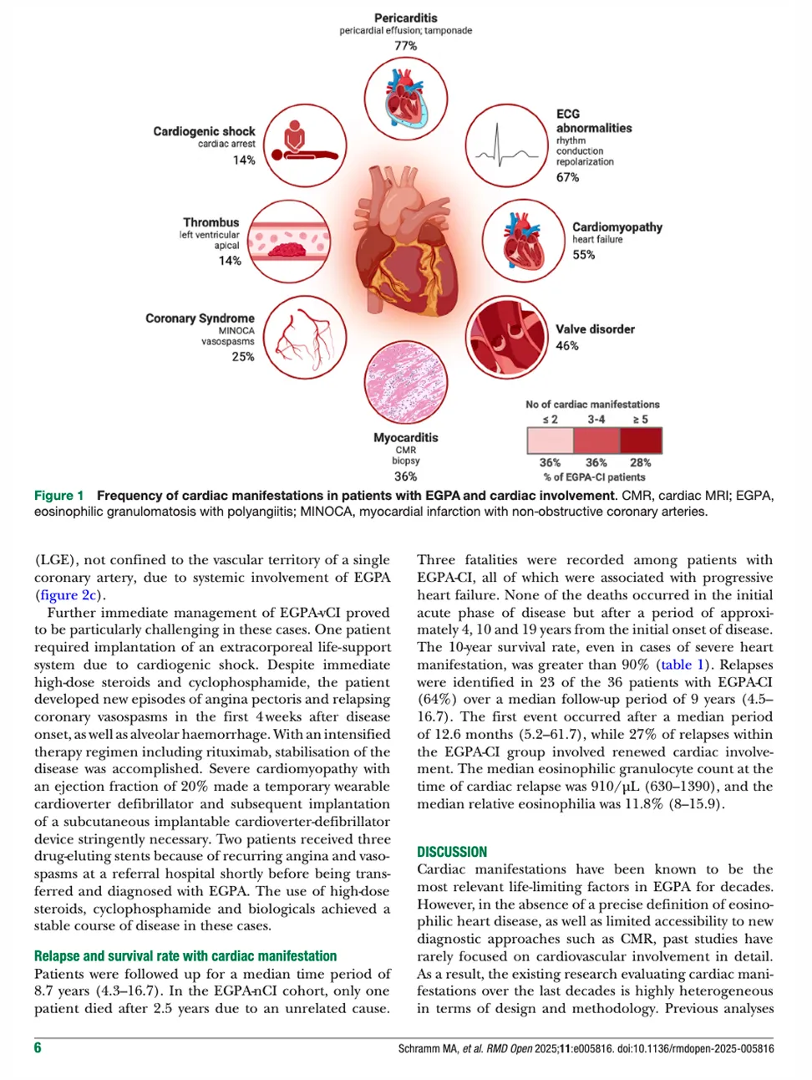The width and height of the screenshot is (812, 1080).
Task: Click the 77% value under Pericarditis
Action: (405, 46)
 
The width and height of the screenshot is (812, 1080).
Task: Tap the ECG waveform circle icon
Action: (506, 145)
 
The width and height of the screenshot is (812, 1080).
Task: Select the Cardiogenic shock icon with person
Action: (305, 145)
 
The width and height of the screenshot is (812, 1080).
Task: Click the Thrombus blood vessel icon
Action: (288, 241)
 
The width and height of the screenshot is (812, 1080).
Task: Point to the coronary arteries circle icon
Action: (305, 337)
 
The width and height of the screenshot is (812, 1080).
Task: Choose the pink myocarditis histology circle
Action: (405, 381)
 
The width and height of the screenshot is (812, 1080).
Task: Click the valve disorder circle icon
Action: (506, 337)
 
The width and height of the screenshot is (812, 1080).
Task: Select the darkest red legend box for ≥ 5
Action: (640, 441)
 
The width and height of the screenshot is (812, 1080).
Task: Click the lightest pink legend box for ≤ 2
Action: (550, 441)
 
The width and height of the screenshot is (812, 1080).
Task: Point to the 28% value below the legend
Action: (640, 462)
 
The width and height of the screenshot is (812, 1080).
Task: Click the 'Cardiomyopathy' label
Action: (617, 227)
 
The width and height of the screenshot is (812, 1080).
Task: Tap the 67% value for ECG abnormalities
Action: (567, 177)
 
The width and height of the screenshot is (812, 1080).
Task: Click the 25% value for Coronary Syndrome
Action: (243, 356)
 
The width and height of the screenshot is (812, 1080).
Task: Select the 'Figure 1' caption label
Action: (58, 496)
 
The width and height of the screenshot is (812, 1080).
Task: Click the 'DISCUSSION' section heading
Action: (452, 852)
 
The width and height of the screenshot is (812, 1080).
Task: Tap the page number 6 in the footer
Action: (38, 1047)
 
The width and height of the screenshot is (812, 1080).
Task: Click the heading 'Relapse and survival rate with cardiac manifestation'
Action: (185, 955)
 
